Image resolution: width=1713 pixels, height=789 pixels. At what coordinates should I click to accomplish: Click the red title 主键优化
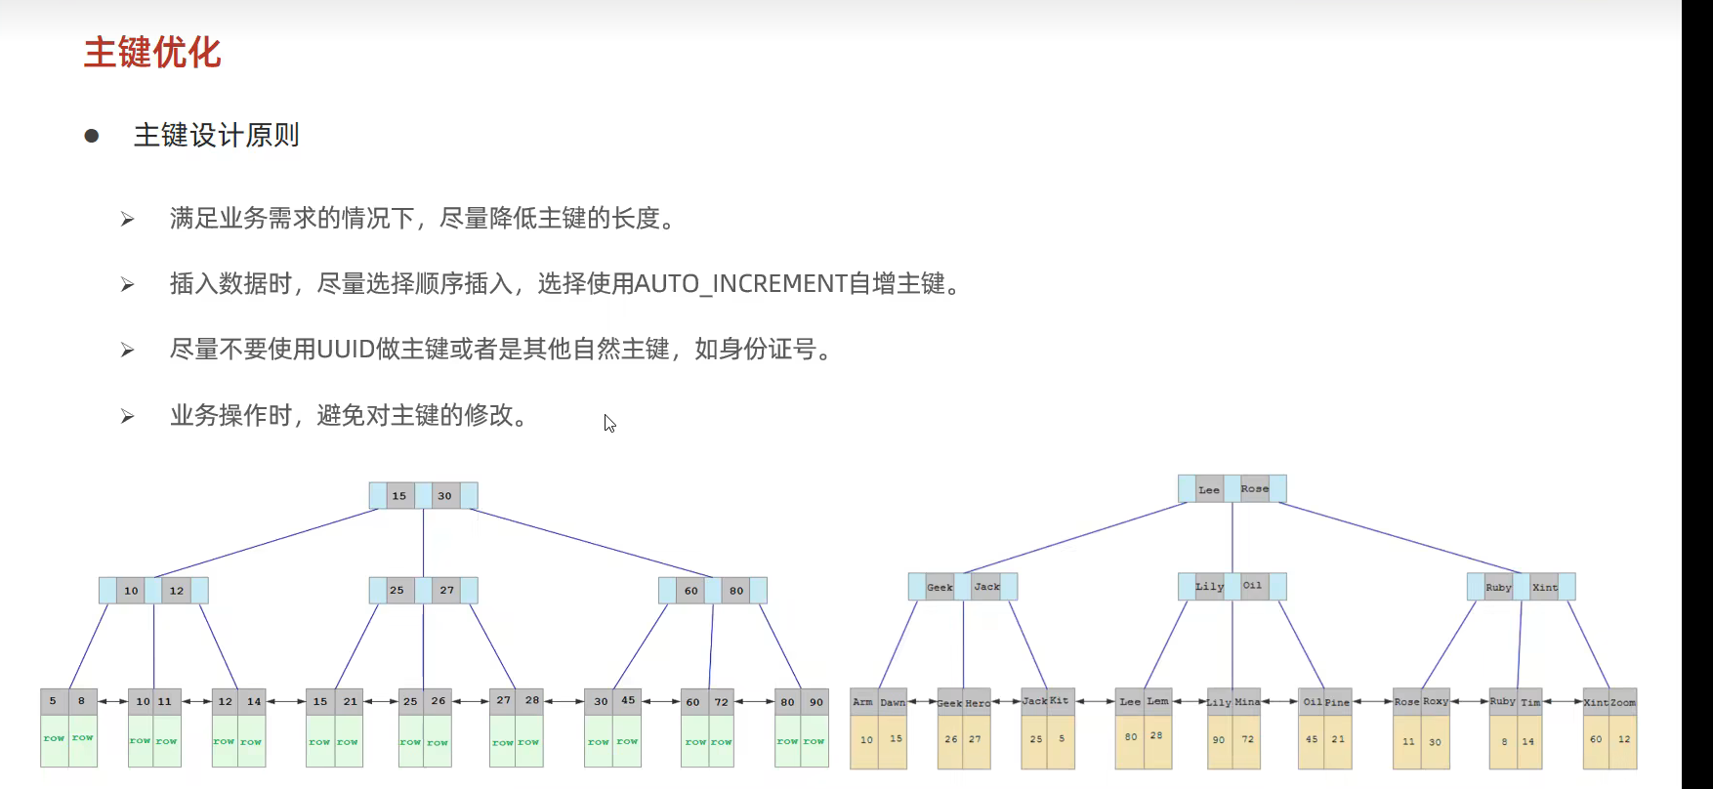[x=152, y=53]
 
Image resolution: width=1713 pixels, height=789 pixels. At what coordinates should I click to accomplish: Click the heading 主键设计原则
[x=216, y=136]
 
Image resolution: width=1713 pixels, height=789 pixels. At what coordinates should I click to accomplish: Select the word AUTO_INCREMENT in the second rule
[x=740, y=284]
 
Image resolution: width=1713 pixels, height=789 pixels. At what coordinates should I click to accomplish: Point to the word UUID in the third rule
[x=346, y=350]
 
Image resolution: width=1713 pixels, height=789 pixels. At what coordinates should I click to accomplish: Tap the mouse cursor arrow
[x=608, y=422]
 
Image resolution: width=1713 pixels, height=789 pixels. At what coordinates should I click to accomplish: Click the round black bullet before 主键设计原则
[x=92, y=136]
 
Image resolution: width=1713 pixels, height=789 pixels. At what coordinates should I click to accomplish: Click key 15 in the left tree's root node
[x=399, y=496]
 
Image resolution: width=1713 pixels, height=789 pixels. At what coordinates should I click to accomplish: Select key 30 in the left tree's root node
[x=444, y=496]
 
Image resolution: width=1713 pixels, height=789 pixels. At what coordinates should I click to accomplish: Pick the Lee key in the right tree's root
[x=1209, y=489]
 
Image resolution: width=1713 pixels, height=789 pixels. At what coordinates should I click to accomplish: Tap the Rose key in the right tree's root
[x=1254, y=489]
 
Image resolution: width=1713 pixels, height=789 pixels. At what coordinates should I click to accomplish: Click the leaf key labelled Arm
[x=862, y=702]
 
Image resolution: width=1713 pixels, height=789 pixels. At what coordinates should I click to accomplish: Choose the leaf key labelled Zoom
[x=1622, y=703]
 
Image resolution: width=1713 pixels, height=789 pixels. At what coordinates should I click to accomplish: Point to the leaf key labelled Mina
[x=1247, y=702]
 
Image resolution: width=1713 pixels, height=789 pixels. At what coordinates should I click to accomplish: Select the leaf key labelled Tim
[x=1529, y=703]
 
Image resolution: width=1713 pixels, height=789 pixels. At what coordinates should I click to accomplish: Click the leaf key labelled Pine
[x=1338, y=703]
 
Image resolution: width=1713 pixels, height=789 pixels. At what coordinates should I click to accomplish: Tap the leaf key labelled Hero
[x=978, y=703]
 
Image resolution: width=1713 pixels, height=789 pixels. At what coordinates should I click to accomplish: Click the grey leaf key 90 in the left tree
[x=816, y=702]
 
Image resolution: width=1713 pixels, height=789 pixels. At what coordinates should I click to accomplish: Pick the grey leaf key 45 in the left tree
[x=628, y=701]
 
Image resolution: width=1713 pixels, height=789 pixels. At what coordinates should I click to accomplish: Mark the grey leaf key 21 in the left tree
[x=350, y=702]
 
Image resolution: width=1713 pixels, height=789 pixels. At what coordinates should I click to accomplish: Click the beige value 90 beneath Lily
[x=1219, y=740]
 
